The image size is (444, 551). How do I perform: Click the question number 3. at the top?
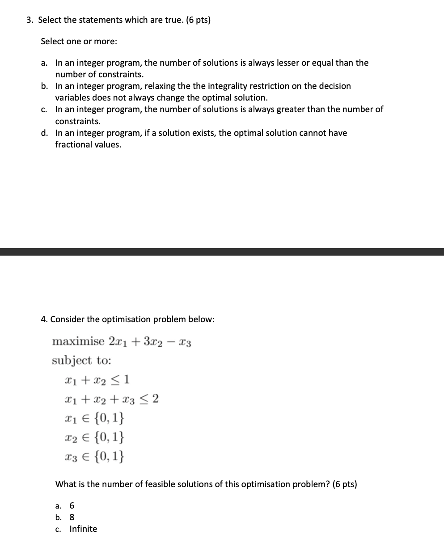[x=30, y=20]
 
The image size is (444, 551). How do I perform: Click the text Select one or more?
[x=79, y=42]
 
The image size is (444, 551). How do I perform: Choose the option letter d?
[x=45, y=133]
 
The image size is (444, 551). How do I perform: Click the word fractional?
[x=72, y=145]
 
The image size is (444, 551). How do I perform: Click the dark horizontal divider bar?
[x=222, y=252]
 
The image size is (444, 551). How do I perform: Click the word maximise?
[x=78, y=342]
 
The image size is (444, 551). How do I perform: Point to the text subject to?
[x=81, y=361]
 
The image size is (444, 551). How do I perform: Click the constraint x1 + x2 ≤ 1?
[x=97, y=380]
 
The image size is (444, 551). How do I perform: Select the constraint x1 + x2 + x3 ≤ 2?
[x=111, y=399]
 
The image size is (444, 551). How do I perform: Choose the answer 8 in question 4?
[x=72, y=517]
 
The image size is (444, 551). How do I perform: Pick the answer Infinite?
[x=83, y=529]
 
